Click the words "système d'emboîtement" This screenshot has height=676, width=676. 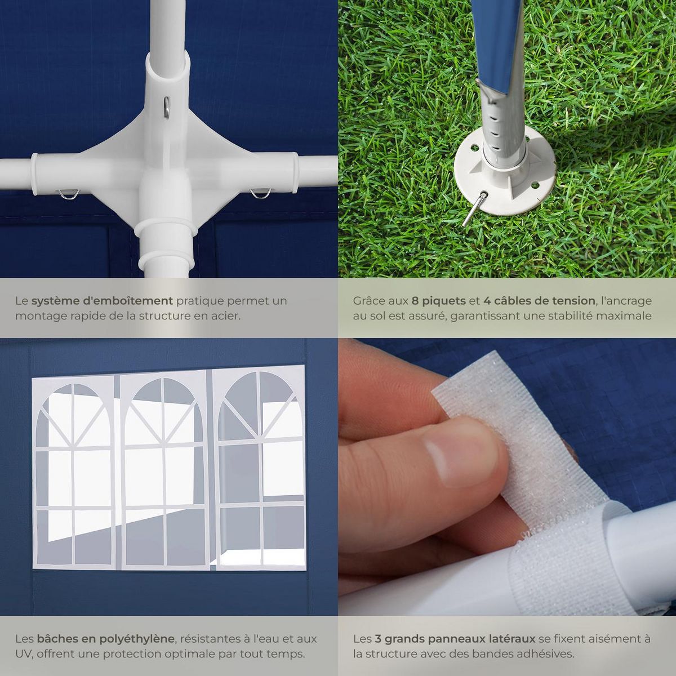pos(102,301)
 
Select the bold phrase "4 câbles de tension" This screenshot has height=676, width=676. pos(539,301)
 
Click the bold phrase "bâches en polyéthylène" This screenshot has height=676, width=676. pos(106,639)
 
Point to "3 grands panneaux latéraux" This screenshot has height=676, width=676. pos(454,639)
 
